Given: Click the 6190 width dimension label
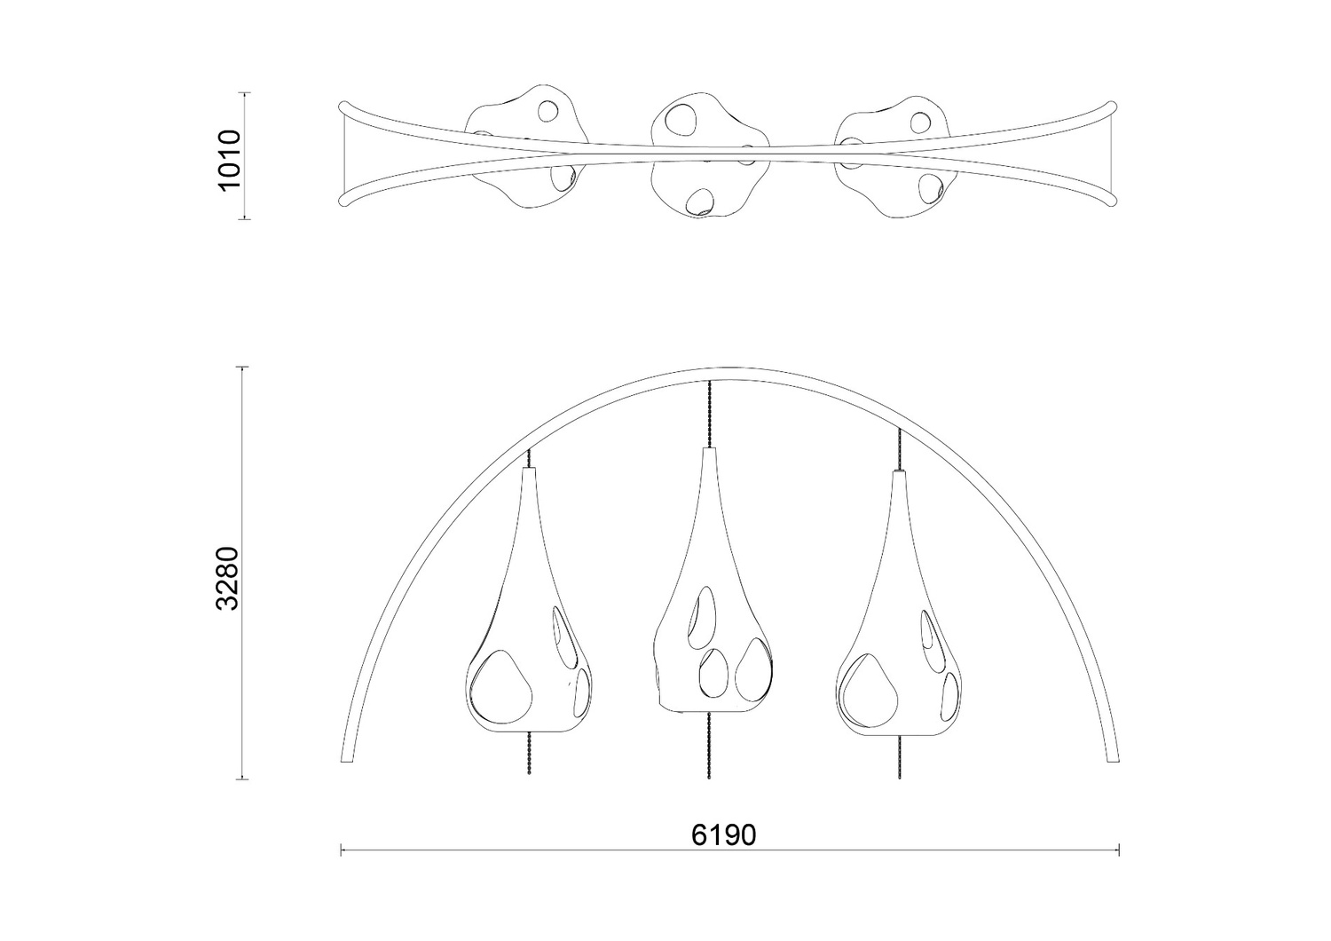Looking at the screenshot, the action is [x=723, y=835].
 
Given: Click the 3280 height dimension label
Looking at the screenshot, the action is [x=228, y=579].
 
